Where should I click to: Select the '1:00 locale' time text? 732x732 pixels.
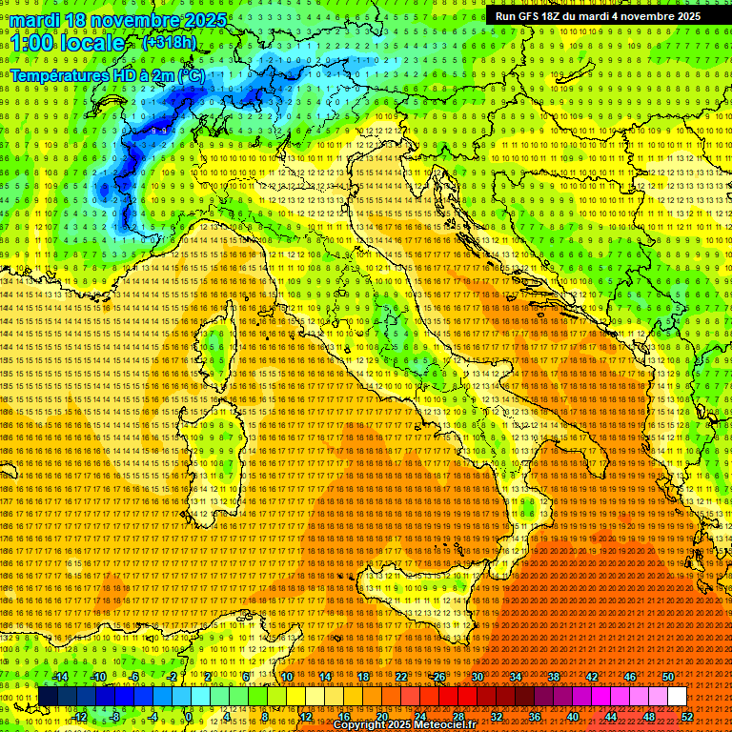[x=68, y=44]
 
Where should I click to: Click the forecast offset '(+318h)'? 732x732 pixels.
[x=170, y=43]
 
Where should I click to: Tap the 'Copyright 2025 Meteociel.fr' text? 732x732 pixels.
[x=410, y=725]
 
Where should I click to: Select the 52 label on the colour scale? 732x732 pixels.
[x=687, y=716]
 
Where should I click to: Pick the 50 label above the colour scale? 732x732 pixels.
[x=668, y=677]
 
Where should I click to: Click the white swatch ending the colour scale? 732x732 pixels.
[x=677, y=696]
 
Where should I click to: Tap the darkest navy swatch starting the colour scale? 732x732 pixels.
[x=48, y=696]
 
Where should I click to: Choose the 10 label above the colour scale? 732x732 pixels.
[x=287, y=677]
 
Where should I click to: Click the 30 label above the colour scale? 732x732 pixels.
[x=478, y=677]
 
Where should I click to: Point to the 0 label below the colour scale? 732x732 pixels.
[x=190, y=716]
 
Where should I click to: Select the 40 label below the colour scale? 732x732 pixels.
[x=573, y=716]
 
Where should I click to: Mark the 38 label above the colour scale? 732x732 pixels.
[x=554, y=677]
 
